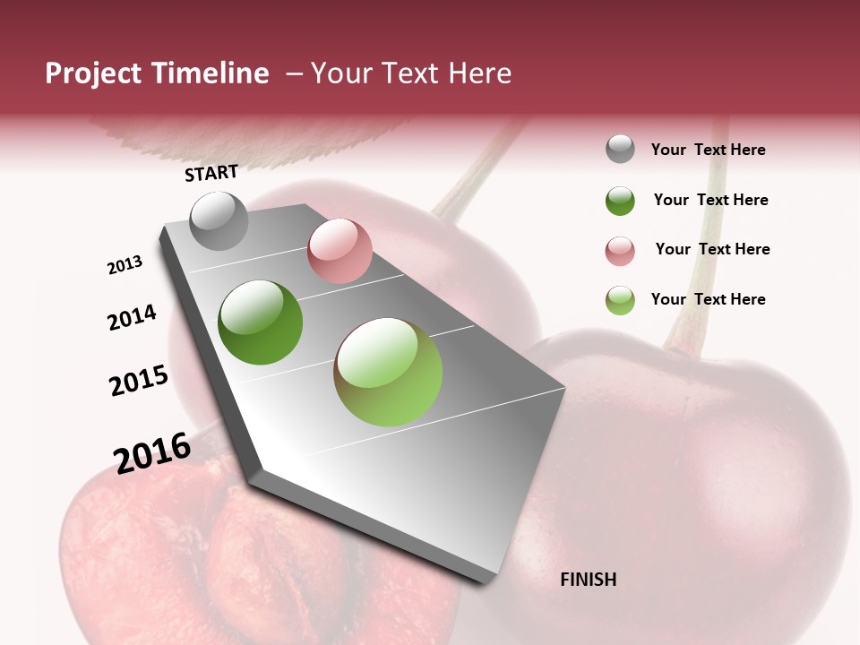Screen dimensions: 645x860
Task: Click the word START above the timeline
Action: tap(211, 173)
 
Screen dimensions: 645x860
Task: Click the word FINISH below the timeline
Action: tap(588, 580)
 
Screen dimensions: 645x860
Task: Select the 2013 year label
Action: tap(125, 265)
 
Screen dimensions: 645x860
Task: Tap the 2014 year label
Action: tap(132, 317)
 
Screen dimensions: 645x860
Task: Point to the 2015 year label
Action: tap(139, 380)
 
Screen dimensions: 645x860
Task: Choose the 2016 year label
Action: tap(152, 452)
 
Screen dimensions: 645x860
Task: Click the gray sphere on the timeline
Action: tap(219, 220)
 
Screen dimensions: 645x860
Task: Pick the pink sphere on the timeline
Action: tap(340, 251)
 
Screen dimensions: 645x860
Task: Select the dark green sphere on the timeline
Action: tap(261, 322)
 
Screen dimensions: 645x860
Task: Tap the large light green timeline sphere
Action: tap(388, 372)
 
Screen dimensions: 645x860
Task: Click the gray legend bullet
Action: tap(620, 150)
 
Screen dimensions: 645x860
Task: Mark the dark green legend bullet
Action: tap(620, 201)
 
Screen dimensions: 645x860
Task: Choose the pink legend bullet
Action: tap(620, 250)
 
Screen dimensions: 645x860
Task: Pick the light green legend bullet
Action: tap(620, 299)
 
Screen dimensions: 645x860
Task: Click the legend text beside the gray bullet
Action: tap(708, 150)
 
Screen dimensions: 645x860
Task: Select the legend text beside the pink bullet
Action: tap(712, 249)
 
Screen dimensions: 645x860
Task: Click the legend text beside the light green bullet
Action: tap(708, 299)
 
